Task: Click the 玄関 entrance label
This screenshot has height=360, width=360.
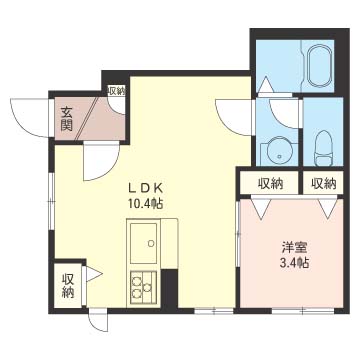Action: [x=66, y=119]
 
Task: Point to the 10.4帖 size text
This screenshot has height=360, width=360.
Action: [x=145, y=203]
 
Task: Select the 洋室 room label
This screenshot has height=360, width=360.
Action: [x=294, y=248]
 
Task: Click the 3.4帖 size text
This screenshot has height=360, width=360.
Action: [x=294, y=263]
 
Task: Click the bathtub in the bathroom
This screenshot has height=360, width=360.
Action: [x=319, y=67]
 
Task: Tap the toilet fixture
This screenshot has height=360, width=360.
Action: [x=323, y=148]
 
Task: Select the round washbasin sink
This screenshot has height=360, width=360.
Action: [x=279, y=152]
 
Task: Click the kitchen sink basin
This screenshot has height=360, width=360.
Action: [x=144, y=243]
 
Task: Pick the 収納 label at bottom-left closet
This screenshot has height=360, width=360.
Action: [x=68, y=286]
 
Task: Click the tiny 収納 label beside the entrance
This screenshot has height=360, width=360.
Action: [x=116, y=91]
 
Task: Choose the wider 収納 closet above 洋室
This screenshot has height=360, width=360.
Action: [x=270, y=183]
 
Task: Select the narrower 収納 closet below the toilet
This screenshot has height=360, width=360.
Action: [x=323, y=183]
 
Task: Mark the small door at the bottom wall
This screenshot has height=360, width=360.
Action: [x=99, y=321]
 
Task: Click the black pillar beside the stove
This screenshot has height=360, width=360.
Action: [x=170, y=288]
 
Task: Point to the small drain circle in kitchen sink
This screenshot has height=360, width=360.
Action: [x=151, y=243]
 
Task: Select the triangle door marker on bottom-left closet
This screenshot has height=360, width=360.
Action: [x=94, y=274]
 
